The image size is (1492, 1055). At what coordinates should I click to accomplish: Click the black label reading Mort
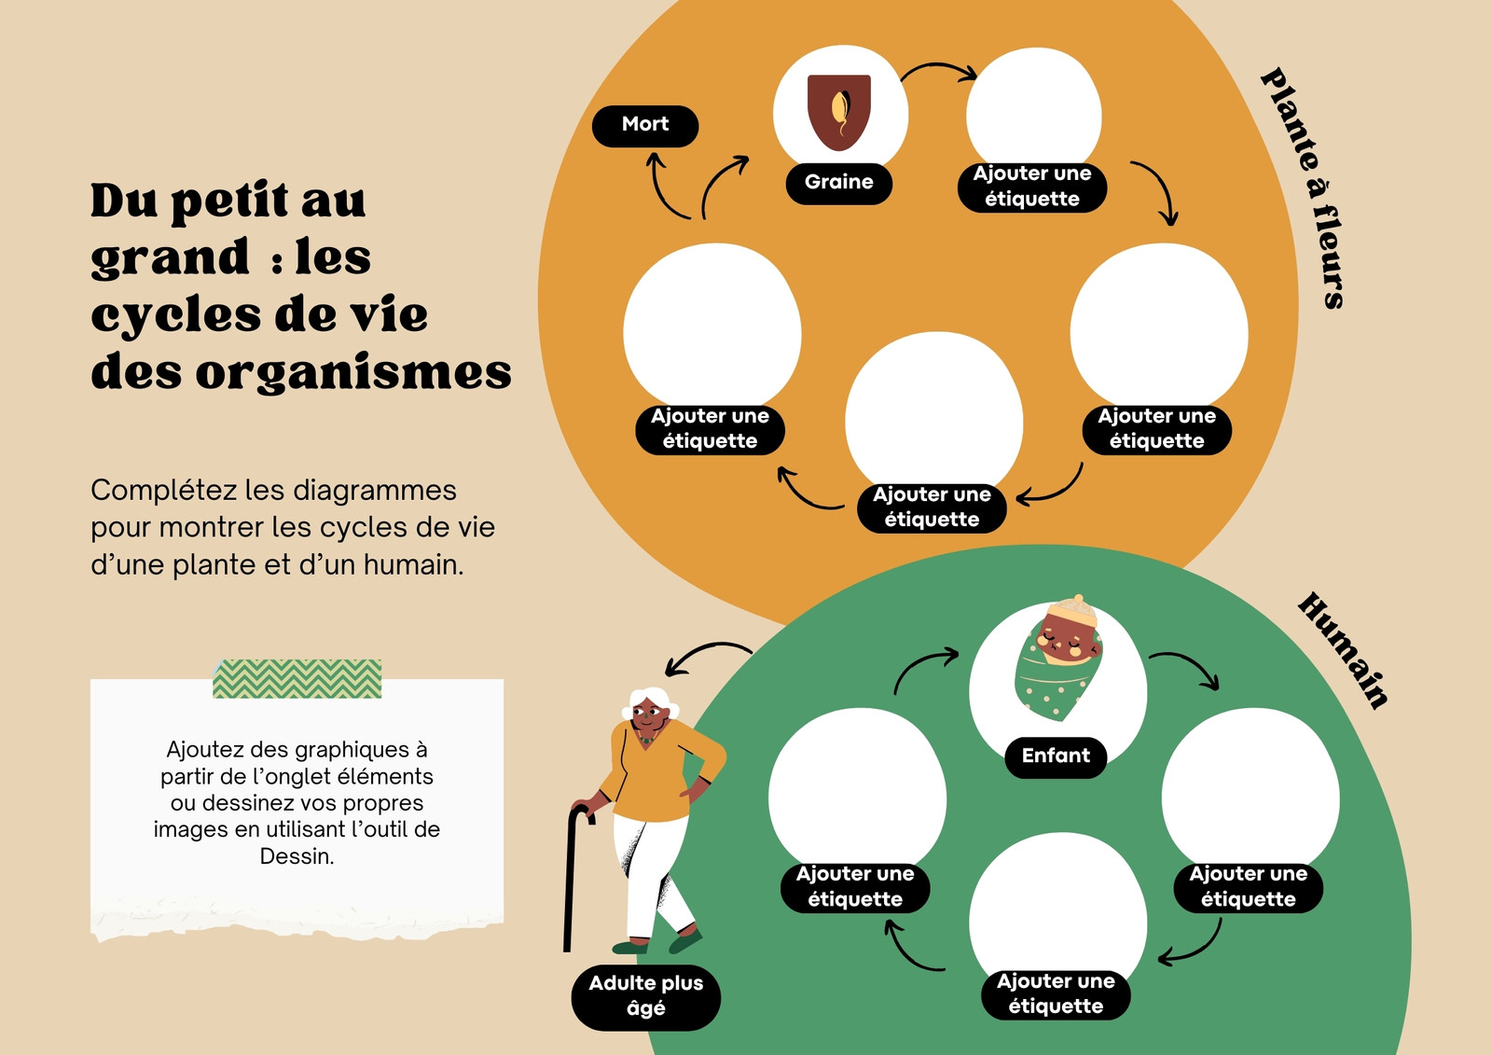click(644, 125)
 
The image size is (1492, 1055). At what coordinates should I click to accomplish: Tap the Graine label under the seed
click(838, 183)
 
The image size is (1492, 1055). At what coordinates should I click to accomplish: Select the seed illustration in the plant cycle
click(839, 112)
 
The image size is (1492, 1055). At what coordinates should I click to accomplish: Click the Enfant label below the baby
click(1056, 757)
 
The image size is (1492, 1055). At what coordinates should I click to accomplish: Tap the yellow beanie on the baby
click(1073, 610)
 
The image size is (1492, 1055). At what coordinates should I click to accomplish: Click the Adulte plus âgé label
click(645, 996)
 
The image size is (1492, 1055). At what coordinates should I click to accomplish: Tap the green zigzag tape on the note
click(297, 678)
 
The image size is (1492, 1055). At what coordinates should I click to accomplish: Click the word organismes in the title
click(353, 373)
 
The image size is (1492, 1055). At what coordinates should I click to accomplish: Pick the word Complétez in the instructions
click(164, 491)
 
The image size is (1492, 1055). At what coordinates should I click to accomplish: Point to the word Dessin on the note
click(297, 856)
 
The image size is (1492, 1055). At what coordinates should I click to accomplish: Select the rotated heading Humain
click(1343, 650)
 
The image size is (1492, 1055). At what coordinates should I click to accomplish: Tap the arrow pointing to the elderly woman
click(705, 652)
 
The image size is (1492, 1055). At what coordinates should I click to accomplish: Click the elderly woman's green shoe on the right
click(685, 942)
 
